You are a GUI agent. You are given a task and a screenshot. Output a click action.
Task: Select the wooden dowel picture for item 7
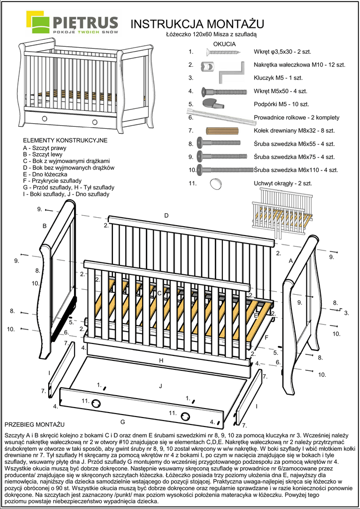point(222,131)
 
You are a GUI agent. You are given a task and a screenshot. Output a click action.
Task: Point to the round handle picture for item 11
point(216,183)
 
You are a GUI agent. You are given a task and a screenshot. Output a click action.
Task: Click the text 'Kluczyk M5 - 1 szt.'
point(278,78)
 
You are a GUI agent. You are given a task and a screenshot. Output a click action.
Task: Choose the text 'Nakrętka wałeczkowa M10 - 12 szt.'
point(299,65)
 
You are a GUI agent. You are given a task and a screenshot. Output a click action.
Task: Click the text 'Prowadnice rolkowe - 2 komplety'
point(296,118)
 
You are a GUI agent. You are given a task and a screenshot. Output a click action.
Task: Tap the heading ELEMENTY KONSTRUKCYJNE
point(65,141)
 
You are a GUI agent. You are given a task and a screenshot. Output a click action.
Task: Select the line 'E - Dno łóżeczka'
point(45,174)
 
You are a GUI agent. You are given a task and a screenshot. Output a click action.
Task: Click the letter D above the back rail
point(167,215)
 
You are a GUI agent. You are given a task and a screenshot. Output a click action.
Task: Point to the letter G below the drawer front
point(122,422)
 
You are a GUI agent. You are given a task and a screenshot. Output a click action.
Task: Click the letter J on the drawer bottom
point(161,386)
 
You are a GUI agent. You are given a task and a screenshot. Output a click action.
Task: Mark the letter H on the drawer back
point(161,360)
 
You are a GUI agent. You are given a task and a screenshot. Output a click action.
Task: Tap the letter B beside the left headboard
point(44,226)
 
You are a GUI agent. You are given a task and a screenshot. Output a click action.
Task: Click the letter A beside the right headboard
point(291,260)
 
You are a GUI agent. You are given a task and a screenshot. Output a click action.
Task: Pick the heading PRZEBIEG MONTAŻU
point(34,425)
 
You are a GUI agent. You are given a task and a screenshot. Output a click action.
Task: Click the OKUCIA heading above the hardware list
point(224,44)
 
